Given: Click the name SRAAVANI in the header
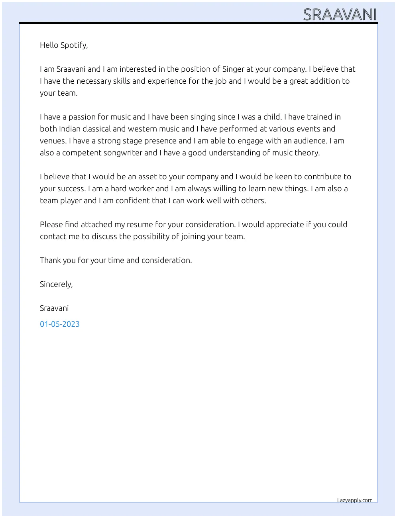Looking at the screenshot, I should coord(340,15).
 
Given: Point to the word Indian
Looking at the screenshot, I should coord(71,129).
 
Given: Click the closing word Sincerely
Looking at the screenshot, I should coord(56,284).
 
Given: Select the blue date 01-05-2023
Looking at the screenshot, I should coord(60,324).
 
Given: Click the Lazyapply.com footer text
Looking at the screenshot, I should coord(355,500).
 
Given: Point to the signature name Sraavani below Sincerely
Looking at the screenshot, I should coord(54,308).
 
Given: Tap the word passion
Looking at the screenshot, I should coord(82,117).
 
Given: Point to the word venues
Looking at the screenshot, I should coord(53,141).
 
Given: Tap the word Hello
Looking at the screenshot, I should coord(49,45).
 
